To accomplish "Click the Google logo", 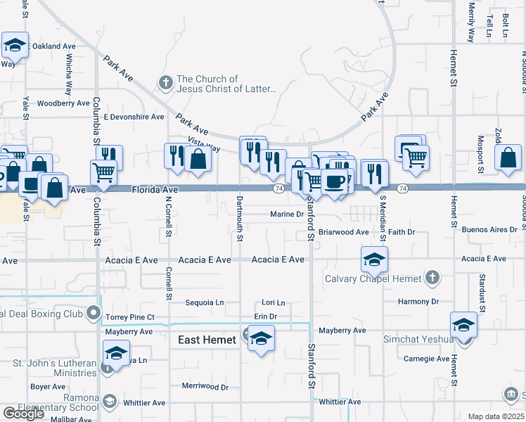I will (23, 414).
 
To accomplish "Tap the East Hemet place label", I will (207, 340).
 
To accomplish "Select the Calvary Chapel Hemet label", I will (373, 279).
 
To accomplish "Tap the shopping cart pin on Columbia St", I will (103, 172).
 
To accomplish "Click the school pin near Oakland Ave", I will (14, 46).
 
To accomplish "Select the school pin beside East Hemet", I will (261, 338).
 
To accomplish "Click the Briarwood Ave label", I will (343, 231).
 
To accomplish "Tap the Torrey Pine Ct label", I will (130, 317).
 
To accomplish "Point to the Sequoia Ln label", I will (204, 303).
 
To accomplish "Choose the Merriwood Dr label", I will (205, 387).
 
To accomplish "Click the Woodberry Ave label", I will (64, 103).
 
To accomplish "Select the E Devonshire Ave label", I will (134, 117).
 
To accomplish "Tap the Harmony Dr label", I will (418, 302).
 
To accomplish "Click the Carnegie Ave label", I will (427, 359).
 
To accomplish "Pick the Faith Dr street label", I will (402, 231).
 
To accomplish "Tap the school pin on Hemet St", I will (464, 325).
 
